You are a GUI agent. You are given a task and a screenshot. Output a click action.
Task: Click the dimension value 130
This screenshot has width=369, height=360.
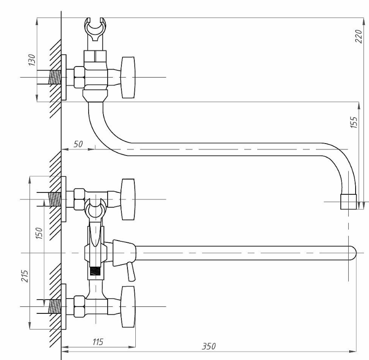pos(31,60)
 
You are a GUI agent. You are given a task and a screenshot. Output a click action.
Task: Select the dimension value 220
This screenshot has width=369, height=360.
pos(358,36)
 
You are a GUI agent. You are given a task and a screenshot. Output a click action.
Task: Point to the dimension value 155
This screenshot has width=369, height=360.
pos(354,122)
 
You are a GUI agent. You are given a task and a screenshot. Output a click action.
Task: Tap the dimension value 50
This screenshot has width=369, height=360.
pos(78,144)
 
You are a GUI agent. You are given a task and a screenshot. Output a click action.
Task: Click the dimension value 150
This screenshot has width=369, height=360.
pos(39,233)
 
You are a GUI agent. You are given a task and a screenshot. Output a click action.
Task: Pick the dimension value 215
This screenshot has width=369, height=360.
pos(24,276)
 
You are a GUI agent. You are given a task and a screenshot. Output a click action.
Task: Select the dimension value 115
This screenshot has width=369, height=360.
pos(97,342)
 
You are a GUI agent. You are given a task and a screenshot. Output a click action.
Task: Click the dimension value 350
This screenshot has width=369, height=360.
pos(209,346)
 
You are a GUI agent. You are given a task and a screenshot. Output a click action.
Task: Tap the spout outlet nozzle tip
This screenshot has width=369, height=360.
pos(349,202)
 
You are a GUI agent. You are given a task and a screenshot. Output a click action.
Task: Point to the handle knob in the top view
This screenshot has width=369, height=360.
pos(128,78)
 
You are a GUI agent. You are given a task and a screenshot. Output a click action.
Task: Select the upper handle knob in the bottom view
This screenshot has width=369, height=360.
pos(128,199)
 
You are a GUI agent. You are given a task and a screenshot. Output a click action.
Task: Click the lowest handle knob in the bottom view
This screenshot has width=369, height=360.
pos(128,306)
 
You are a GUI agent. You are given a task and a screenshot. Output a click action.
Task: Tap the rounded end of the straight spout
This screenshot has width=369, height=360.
pos(353,253)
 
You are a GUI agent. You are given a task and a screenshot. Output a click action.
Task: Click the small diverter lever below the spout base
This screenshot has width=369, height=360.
pos(131,272)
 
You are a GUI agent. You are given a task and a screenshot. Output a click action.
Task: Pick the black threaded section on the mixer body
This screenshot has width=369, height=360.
pos(96,271)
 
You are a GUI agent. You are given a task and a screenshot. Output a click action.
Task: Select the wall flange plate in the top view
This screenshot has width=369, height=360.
pos(64,78)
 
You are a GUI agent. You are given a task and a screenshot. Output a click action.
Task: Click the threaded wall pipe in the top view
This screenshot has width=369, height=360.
pos(54,77)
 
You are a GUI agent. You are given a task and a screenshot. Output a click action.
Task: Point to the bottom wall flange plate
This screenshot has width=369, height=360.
pos(64,306)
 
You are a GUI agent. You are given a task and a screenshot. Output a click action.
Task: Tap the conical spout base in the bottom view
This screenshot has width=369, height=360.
pos(124,253)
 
